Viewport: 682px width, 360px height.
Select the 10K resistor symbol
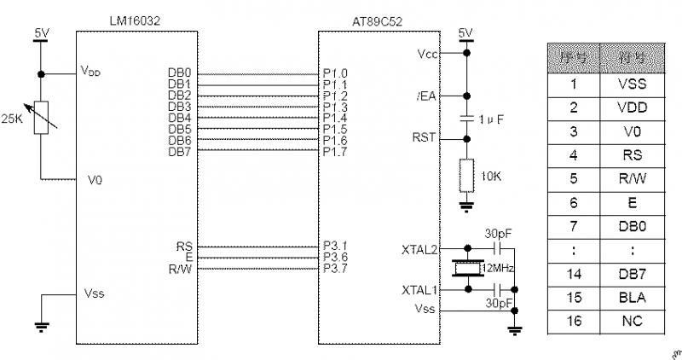(x=465, y=175)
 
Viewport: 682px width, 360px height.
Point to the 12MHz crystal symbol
(x=465, y=270)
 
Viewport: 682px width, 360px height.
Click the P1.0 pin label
(x=335, y=73)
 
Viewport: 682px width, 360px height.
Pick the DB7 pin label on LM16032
(x=180, y=151)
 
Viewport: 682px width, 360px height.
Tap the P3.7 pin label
(x=335, y=269)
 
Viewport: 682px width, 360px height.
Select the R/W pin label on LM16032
(x=180, y=269)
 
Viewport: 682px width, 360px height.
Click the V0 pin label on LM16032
(x=95, y=181)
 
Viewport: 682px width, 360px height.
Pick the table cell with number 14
(x=574, y=274)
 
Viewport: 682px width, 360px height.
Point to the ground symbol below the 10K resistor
(x=465, y=205)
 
